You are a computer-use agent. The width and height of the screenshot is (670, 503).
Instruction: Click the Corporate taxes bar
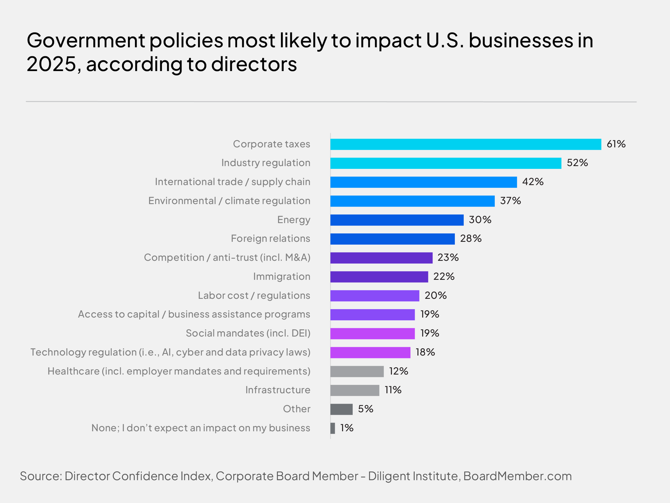pos(466,144)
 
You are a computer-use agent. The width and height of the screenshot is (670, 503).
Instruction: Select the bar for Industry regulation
pos(446,163)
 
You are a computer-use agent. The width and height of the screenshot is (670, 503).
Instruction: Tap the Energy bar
pos(397,220)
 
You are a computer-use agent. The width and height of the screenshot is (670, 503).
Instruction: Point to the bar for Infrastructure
pos(355,390)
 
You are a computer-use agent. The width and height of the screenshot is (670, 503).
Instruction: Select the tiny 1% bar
pos(333,428)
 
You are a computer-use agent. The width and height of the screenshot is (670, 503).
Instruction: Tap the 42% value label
pos(533,182)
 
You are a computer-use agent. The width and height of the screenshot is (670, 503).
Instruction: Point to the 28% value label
pos(471,239)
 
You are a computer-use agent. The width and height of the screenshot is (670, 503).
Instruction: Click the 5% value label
pos(366,409)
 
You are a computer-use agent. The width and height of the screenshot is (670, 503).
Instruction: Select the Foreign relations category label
pos(270,239)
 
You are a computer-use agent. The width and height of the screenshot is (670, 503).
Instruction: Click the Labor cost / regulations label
pos(254,296)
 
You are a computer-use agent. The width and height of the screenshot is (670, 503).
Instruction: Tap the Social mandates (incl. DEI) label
pos(248,333)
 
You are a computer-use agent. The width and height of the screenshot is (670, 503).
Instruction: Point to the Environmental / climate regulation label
pos(229,201)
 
